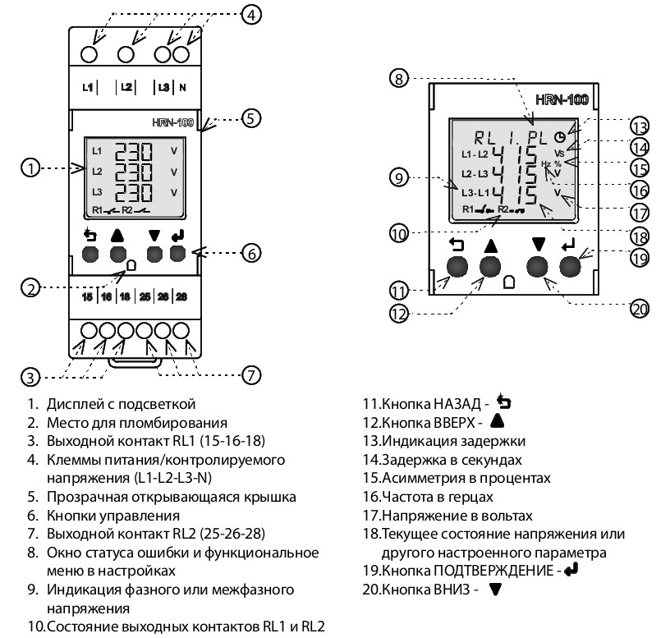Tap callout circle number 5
coord(252,118)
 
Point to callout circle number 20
coord(639,309)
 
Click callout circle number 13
coord(640,126)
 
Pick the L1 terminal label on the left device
coord(89,86)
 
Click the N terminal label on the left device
coord(182,86)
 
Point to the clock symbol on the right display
coord(560,138)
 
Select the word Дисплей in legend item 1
coord(75,404)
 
